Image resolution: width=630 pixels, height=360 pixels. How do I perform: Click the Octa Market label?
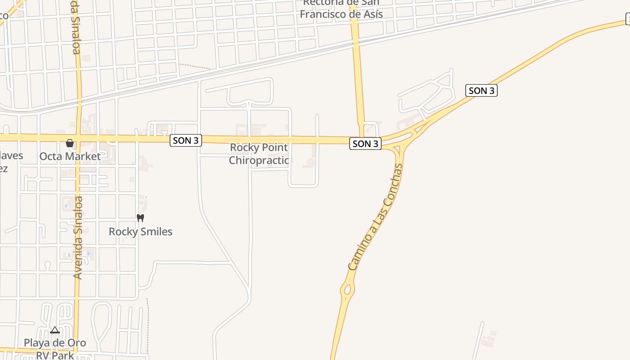70,156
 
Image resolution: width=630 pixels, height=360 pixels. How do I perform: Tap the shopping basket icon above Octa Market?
70,144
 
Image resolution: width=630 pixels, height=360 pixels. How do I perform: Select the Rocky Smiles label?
140,232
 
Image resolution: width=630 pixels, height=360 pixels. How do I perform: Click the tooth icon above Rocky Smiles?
140,218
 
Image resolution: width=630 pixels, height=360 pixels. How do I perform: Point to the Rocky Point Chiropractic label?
259,154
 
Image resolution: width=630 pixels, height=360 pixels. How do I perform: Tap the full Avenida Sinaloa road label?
78,237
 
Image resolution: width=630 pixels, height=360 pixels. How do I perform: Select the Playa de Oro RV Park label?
55,349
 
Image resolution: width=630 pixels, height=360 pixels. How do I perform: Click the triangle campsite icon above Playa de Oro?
55,330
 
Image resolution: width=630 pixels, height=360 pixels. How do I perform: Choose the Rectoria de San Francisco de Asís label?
341,9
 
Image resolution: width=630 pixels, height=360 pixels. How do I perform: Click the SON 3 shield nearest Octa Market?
186,140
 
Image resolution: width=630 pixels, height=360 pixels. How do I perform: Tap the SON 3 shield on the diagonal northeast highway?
481,90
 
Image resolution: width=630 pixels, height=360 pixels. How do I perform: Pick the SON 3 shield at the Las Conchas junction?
365,144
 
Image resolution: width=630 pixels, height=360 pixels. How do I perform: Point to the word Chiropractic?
259,160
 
